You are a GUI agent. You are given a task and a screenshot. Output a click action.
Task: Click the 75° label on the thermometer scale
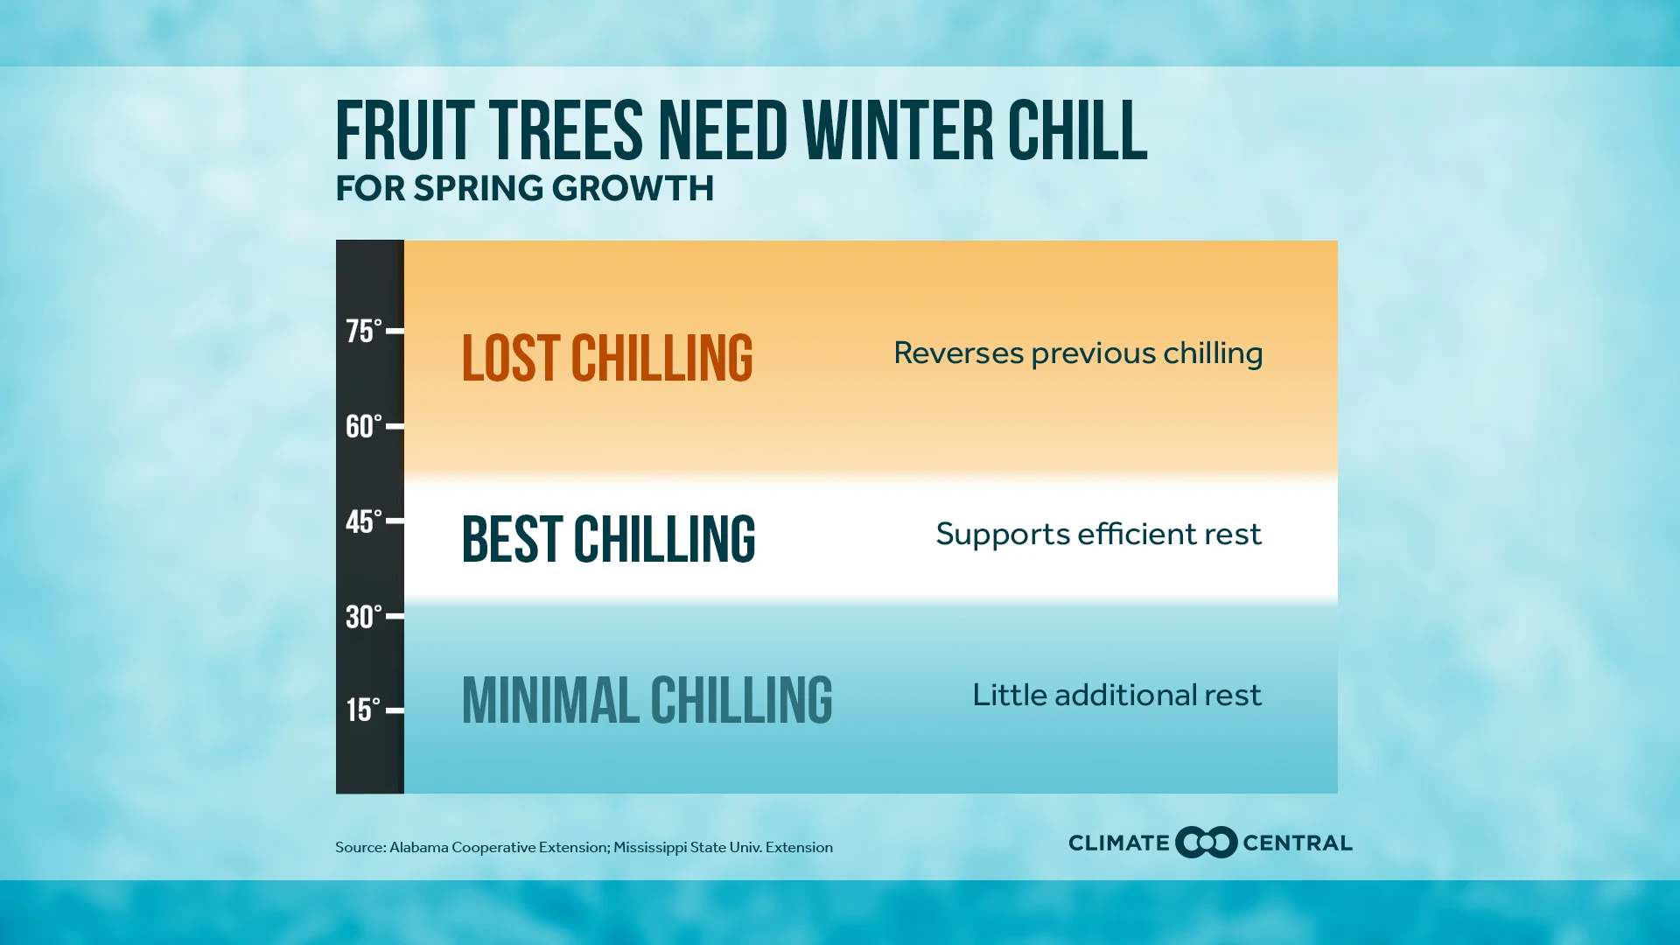pos(364,332)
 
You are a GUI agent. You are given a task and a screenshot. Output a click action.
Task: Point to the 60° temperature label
pos(364,427)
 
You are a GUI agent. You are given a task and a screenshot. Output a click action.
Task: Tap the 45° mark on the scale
pos(364,522)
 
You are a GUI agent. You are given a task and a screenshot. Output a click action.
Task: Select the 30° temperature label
pos(364,617)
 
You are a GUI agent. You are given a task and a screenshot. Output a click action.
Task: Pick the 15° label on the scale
pos(364,710)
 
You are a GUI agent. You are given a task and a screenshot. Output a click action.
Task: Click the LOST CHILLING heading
pos(607,358)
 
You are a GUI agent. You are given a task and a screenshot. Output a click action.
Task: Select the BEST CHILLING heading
pos(609,539)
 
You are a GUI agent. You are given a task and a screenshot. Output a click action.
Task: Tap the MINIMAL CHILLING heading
pos(647,700)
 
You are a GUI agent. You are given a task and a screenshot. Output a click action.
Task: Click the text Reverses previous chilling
pos(1078,354)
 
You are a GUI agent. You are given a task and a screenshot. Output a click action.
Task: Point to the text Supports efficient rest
pos(1099,535)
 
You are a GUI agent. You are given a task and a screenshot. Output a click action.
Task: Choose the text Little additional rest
pos(1117,695)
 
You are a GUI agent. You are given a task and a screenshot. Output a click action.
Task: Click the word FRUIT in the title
pos(405,130)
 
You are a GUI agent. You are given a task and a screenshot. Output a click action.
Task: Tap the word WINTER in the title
pos(899,130)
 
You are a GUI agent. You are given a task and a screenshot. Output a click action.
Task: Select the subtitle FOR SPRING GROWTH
pos(525,189)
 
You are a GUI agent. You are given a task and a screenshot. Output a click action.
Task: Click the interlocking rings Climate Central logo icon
pos(1207,843)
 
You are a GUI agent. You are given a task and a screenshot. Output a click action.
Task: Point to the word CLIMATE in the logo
pos(1119,843)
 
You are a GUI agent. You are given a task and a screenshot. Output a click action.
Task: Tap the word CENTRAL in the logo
pos(1298,843)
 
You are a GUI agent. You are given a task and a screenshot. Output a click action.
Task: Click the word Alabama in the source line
pos(418,847)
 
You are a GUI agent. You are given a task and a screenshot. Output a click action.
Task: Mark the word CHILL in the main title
pos(1077,130)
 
